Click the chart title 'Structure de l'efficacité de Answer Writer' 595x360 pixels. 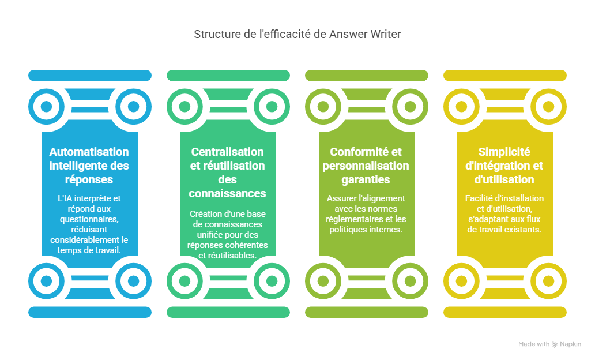click(x=297, y=34)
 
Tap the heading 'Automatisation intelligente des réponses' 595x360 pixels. click(x=89, y=166)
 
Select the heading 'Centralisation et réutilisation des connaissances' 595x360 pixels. click(x=228, y=172)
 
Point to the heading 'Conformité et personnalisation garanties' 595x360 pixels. click(x=366, y=166)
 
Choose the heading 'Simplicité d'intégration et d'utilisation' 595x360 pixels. click(x=504, y=166)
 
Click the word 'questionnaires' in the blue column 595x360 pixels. click(x=89, y=219)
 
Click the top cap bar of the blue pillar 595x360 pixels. click(x=90, y=75)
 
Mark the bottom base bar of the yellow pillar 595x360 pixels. click(x=505, y=312)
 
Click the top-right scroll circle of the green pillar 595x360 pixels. click(x=272, y=107)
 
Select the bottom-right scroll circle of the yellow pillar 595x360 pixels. click(x=548, y=281)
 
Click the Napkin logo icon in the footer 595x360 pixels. click(x=555, y=344)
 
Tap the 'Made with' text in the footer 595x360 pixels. click(x=533, y=344)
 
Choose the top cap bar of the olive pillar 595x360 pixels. click(x=367, y=75)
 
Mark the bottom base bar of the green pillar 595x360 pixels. click(x=228, y=312)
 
